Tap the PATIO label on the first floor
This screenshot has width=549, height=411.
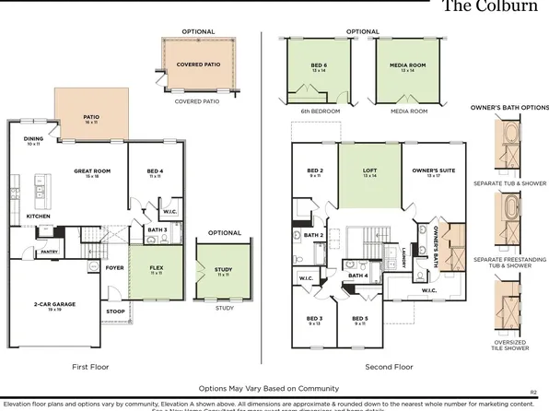(x=90, y=117)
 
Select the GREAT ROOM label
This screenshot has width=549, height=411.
(x=92, y=171)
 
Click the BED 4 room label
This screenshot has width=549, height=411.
(x=155, y=171)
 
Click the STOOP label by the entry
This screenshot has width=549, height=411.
(x=115, y=311)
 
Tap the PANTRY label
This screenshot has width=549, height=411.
(x=48, y=249)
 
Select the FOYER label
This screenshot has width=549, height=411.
(x=113, y=269)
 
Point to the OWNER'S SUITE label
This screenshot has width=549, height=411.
(x=428, y=170)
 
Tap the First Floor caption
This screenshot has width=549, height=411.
(x=90, y=367)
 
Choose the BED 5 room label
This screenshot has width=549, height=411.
(x=360, y=319)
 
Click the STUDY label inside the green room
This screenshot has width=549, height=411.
(x=222, y=269)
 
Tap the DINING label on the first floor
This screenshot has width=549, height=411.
(x=33, y=140)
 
